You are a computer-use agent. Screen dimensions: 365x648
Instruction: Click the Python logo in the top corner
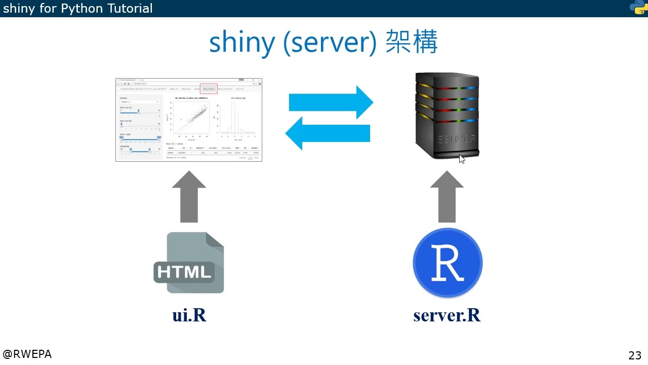tap(638, 8)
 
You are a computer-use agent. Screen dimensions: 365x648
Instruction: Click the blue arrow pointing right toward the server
tap(331, 102)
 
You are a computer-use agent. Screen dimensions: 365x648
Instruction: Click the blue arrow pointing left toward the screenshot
tap(328, 133)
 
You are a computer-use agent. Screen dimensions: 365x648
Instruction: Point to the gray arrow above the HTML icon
tap(189, 196)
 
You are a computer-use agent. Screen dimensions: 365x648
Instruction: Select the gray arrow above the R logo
tap(447, 196)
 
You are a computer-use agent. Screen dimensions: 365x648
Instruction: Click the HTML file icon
tap(189, 263)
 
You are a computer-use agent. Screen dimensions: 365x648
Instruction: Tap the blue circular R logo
tap(448, 263)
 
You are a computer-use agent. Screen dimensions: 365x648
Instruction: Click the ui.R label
tap(189, 315)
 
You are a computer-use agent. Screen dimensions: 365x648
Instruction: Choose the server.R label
tap(447, 315)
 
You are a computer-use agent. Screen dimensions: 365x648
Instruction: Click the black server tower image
tap(447, 116)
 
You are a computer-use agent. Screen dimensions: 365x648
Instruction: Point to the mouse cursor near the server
tap(462, 159)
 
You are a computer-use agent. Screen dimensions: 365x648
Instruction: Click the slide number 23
tap(634, 355)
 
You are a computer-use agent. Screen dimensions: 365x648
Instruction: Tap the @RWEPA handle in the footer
tap(27, 354)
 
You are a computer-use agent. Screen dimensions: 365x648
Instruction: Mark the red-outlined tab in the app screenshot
tap(209, 89)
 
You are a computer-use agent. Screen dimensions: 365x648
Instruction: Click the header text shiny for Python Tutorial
tap(77, 8)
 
